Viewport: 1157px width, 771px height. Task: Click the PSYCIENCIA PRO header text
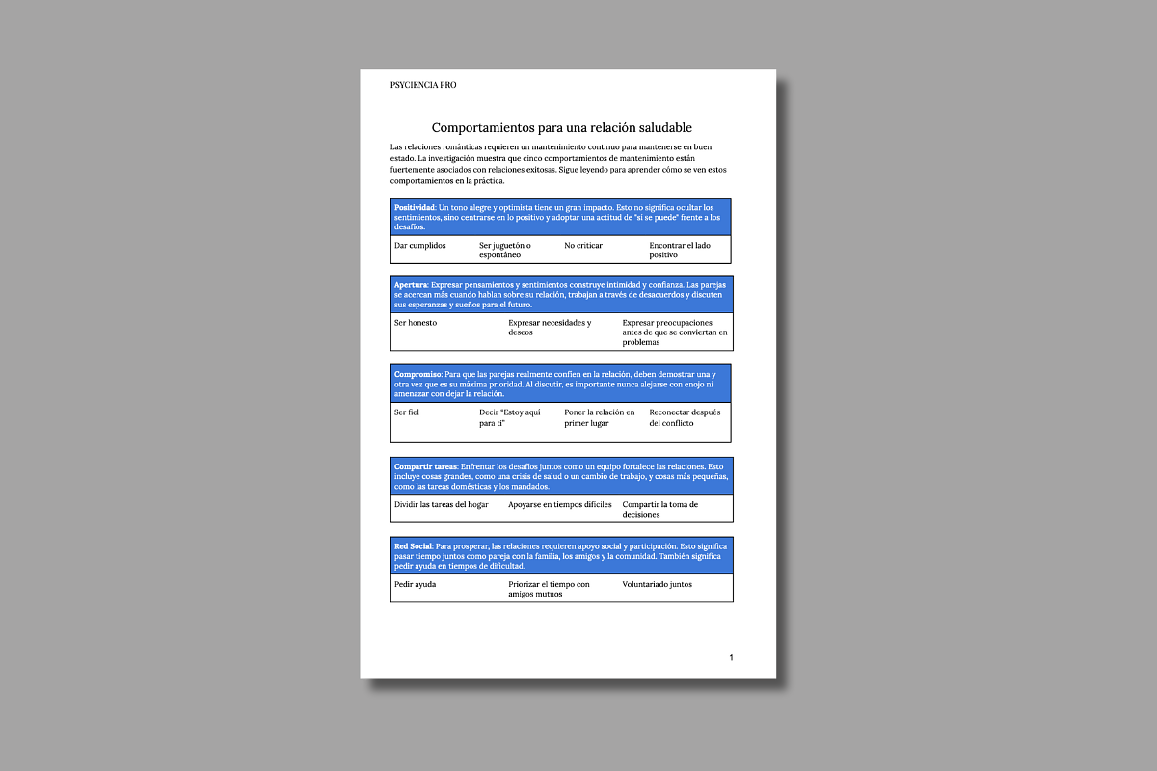coord(423,85)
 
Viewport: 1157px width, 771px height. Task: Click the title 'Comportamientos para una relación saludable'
coord(561,127)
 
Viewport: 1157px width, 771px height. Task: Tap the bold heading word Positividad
coord(415,207)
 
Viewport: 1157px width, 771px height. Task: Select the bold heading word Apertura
coord(411,285)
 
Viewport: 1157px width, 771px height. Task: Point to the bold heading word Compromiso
coord(417,373)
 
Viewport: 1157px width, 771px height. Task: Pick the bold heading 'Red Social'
coord(414,546)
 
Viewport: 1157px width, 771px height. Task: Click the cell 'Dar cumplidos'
coord(420,246)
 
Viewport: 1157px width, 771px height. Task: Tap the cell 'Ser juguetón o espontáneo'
coord(505,251)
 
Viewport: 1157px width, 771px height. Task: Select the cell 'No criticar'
coord(583,246)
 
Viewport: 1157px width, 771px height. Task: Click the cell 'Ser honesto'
coord(416,323)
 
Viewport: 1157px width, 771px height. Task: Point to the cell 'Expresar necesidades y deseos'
coord(550,328)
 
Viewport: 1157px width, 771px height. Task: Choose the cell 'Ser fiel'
coord(407,412)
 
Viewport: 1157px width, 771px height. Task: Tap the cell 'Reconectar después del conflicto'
coord(685,417)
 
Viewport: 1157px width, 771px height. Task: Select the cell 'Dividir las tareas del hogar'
coord(442,505)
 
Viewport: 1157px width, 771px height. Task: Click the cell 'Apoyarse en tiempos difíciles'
coord(560,505)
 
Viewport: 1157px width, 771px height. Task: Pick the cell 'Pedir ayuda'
coord(416,584)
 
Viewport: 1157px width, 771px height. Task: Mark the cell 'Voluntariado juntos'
coord(657,584)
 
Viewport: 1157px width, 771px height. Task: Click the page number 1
coord(731,657)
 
